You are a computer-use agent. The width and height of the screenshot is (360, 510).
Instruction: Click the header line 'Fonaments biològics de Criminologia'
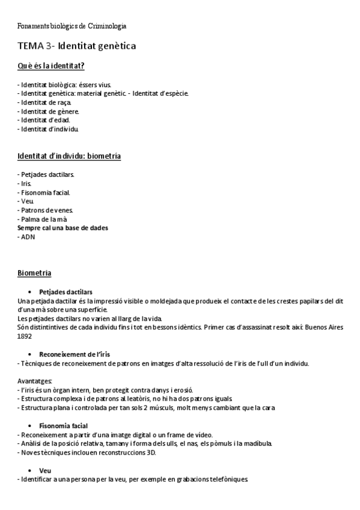click(72, 26)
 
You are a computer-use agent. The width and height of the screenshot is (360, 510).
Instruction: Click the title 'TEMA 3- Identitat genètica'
click(76, 46)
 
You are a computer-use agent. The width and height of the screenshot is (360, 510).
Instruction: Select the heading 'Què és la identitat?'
click(50, 66)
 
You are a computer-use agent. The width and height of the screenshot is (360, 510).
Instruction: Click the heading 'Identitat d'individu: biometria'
click(69, 156)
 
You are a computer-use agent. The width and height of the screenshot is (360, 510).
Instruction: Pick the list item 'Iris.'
click(26, 183)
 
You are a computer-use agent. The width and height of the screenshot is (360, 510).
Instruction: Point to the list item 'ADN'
click(28, 237)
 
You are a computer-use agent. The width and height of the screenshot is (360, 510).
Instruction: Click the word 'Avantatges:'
click(35, 381)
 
